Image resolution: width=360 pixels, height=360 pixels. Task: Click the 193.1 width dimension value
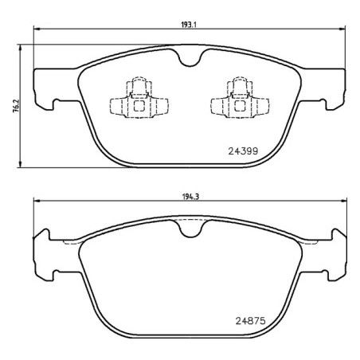coord(189,24)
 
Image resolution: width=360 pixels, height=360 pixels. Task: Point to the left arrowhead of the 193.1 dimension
coord(37,30)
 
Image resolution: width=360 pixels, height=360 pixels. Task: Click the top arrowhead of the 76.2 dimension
coord(19,40)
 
